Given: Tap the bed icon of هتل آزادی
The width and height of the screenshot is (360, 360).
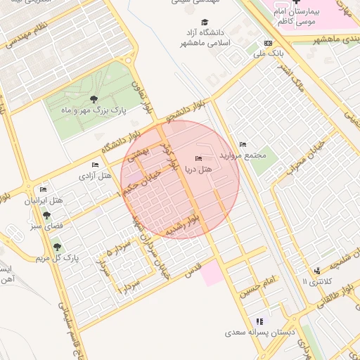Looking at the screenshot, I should pyautogui.click(x=94, y=165).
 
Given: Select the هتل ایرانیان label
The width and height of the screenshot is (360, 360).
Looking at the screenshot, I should pyautogui.click(x=44, y=201).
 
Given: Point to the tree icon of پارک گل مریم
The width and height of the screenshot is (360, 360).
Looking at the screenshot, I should pyautogui.click(x=56, y=247).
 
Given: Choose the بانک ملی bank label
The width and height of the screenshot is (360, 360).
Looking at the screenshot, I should pyautogui.click(x=268, y=53).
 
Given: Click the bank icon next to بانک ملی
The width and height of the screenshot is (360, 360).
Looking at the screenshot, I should pyautogui.click(x=268, y=42).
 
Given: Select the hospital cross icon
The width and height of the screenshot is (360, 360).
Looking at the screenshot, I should pyautogui.click(x=295, y=4).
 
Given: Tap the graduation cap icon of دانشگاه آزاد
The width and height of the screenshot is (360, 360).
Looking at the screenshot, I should pyautogui.click(x=205, y=22).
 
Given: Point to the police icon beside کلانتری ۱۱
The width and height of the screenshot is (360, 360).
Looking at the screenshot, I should pyautogui.click(x=317, y=270).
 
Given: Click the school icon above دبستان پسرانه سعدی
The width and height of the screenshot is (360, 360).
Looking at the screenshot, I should pyautogui.click(x=259, y=321).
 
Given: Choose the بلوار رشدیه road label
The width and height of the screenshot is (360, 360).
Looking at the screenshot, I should pyautogui.click(x=190, y=226).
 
